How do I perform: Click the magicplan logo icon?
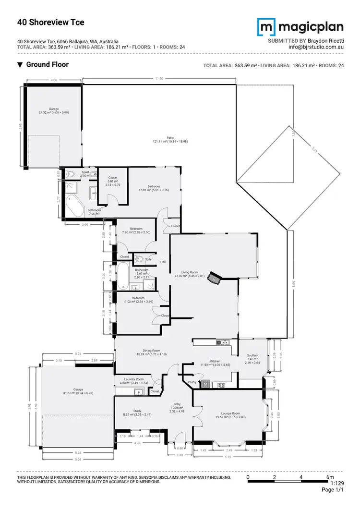(267, 28)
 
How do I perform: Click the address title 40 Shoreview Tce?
(50, 22)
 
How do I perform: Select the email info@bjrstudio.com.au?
(316, 48)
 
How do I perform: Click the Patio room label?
(170, 137)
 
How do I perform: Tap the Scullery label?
(252, 356)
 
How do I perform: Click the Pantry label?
(192, 382)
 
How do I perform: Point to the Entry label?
(177, 404)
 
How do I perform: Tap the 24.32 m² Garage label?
(50, 109)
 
